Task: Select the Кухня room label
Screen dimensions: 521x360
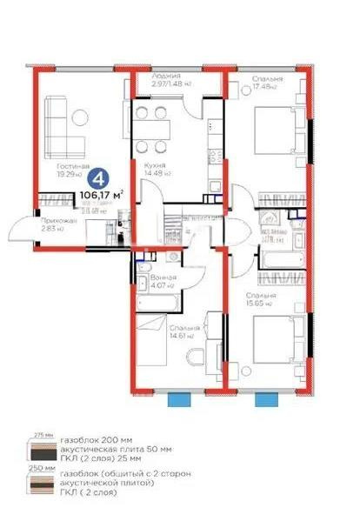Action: pos(157,164)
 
